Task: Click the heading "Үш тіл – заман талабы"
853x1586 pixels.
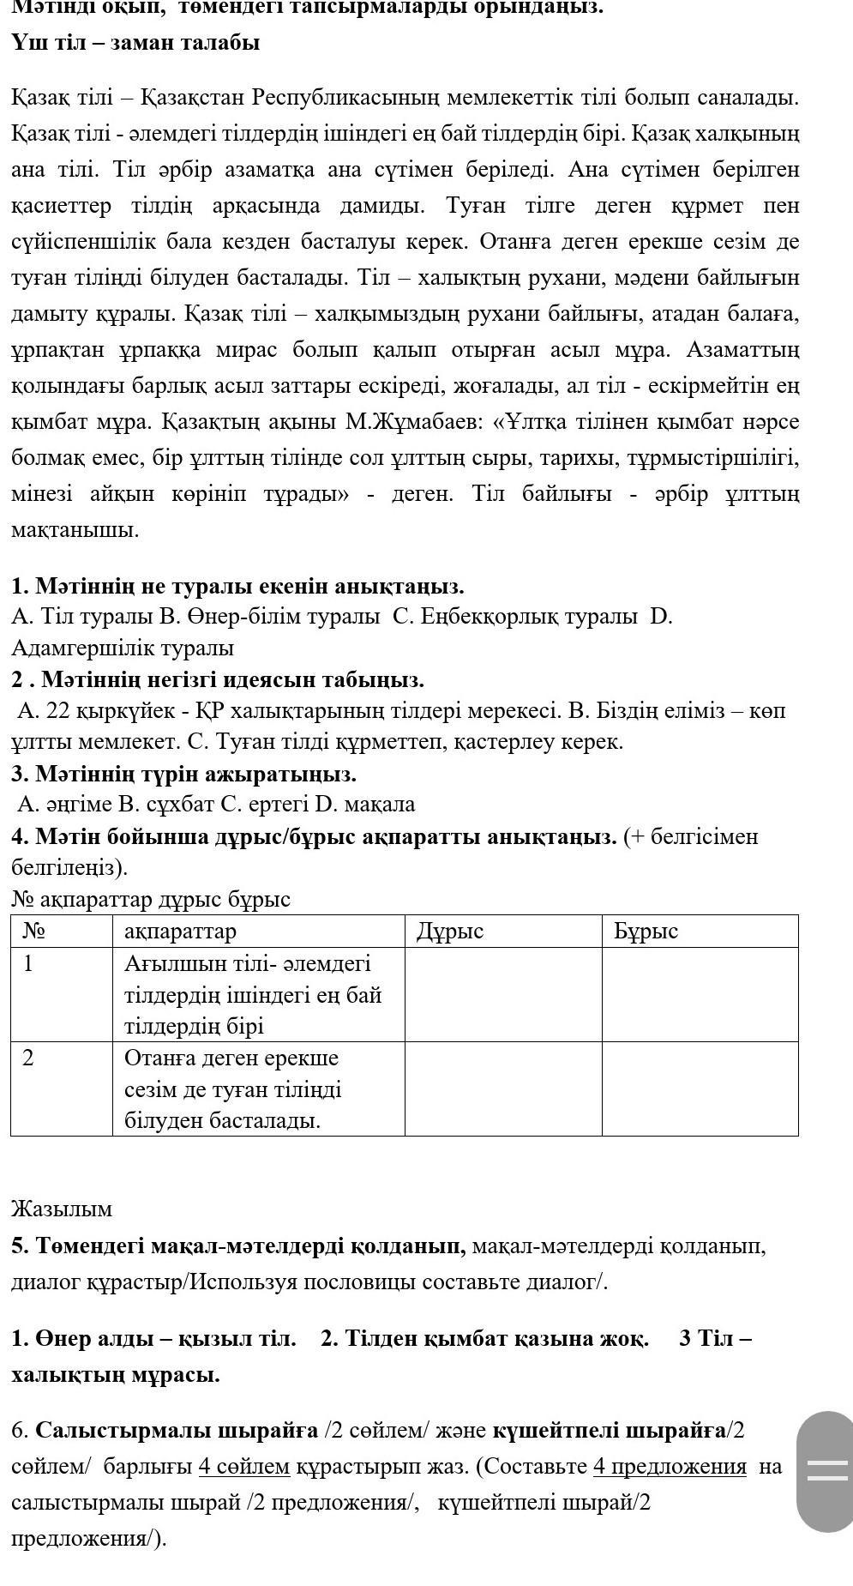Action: click(x=135, y=42)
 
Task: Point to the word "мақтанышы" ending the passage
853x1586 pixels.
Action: click(x=75, y=530)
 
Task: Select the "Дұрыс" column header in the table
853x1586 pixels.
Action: click(x=450, y=932)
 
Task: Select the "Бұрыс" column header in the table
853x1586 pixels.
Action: click(x=646, y=932)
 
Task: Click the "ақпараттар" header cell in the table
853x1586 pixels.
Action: click(x=180, y=932)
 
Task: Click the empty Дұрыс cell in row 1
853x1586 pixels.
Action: click(x=502, y=994)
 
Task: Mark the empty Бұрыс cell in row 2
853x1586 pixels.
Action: click(x=700, y=1088)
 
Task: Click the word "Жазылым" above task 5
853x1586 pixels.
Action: click(x=62, y=1209)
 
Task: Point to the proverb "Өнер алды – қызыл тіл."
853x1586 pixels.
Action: click(x=153, y=1338)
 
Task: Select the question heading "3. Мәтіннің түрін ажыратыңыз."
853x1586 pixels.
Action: click(x=183, y=774)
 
